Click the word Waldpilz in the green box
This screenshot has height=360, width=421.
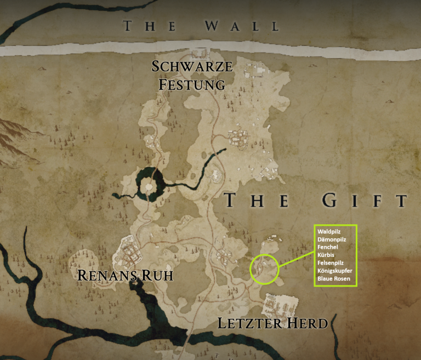pyautogui.click(x=329, y=232)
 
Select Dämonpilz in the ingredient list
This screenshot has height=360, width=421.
pyautogui.click(x=332, y=239)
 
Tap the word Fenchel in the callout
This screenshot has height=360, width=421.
pyautogui.click(x=328, y=247)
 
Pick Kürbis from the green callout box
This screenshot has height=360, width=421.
pyautogui.click(x=326, y=255)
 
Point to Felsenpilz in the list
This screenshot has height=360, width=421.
pyautogui.click(x=331, y=262)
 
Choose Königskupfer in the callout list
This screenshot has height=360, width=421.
pyautogui.click(x=334, y=271)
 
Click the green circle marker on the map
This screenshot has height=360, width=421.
pyautogui.click(x=264, y=269)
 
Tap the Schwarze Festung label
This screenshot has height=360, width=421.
pyautogui.click(x=192, y=76)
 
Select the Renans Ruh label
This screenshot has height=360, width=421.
pyautogui.click(x=125, y=275)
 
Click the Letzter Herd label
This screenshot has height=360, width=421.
pyautogui.click(x=272, y=323)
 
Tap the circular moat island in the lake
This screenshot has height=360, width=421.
pyautogui.click(x=147, y=187)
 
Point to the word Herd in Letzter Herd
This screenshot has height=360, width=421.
pyautogui.click(x=306, y=323)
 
